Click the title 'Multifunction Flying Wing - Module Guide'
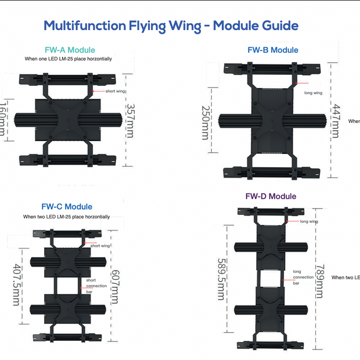pos(171,26)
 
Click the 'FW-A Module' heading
pos(70,50)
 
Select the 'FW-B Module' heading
pos(272,50)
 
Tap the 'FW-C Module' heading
pos(67,207)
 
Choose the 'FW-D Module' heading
pos(271,196)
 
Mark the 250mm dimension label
pos(205,123)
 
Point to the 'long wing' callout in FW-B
pos(312,92)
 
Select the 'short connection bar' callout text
pos(96,286)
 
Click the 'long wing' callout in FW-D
pos(309,221)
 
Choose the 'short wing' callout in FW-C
pos(101,246)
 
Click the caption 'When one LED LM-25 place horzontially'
pos(68,59)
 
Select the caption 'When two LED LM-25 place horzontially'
pos(66,217)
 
